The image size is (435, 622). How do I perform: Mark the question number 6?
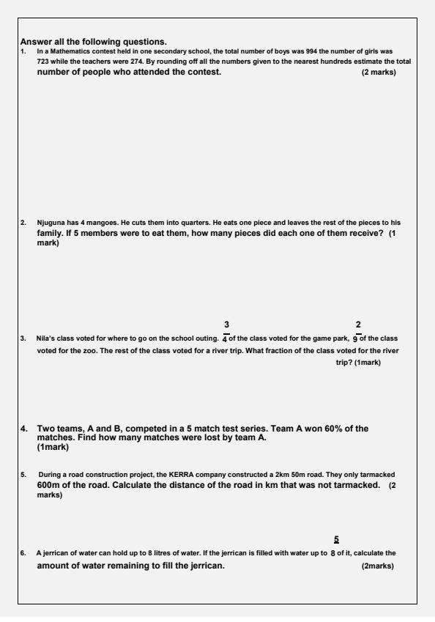[23, 553]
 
